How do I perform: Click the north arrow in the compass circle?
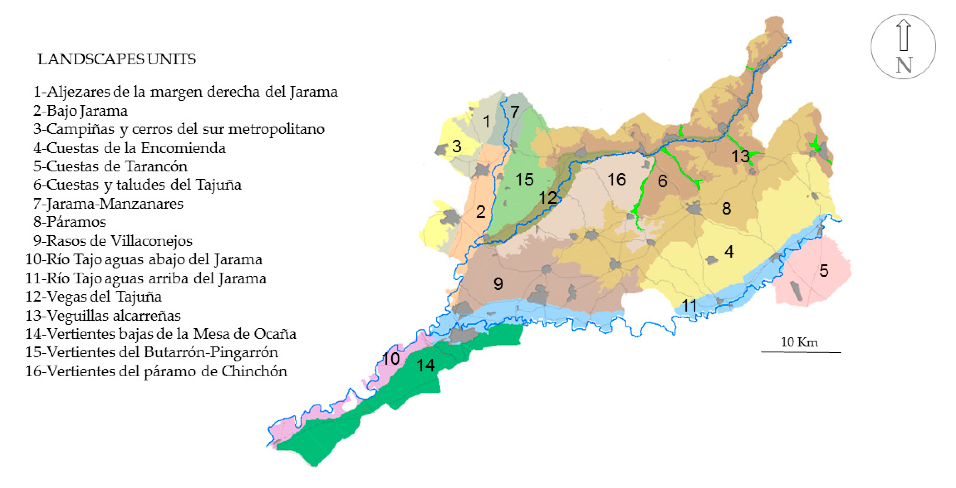[904, 35]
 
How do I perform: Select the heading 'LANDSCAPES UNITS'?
[117, 59]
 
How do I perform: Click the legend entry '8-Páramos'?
[70, 222]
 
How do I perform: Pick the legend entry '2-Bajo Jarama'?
[81, 111]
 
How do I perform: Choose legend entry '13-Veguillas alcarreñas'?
[103, 316]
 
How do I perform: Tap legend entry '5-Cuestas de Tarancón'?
[110, 166]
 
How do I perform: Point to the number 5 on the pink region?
[824, 271]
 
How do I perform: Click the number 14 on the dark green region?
[425, 366]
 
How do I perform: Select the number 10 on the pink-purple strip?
[391, 358]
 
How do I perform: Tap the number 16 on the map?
[616, 180]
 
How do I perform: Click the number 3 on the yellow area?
[457, 146]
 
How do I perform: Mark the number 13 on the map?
[740, 156]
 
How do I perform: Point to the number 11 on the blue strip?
[689, 306]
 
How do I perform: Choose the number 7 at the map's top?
[514, 112]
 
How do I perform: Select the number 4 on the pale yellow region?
[729, 252]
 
